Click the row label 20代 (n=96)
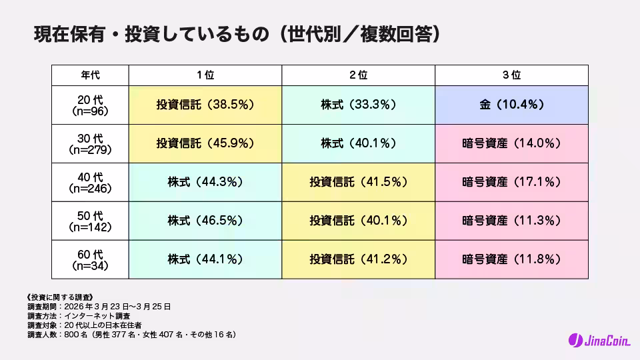pyautogui.click(x=90, y=105)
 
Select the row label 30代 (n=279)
pyautogui.click(x=90, y=143)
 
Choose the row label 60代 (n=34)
pyautogui.click(x=90, y=259)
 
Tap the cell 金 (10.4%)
pyautogui.click(x=511, y=105)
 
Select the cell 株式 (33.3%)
pyautogui.click(x=359, y=105)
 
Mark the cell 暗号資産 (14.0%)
pyautogui.click(x=511, y=143)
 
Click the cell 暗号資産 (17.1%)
pyautogui.click(x=511, y=181)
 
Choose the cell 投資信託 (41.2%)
pyautogui.click(x=359, y=259)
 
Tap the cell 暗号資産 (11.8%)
pyautogui.click(x=511, y=259)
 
